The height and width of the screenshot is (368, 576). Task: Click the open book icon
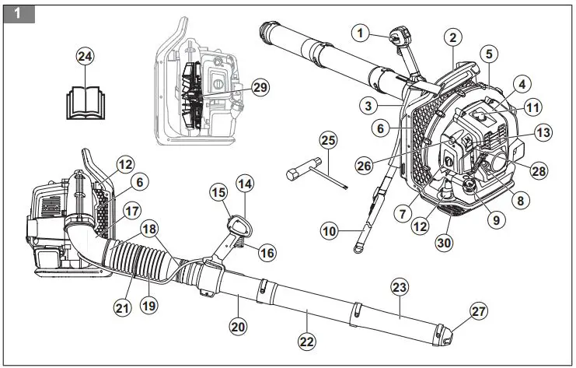[x=83, y=101]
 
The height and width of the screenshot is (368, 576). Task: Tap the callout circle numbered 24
[x=85, y=56]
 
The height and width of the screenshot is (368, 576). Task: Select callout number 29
[x=260, y=88]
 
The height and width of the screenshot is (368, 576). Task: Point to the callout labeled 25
[x=329, y=140]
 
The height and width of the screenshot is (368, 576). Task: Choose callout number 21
[x=121, y=308]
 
